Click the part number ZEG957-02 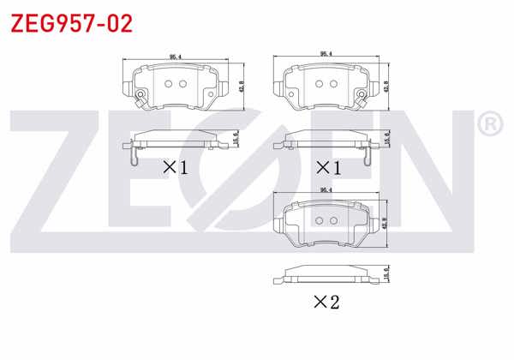(71, 23)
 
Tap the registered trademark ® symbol (487, 125)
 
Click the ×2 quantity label (326, 301)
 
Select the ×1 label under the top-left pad (176, 166)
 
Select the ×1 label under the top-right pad (328, 166)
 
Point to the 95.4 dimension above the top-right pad (326, 54)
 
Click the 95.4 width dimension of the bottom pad (326, 191)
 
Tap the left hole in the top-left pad (168, 84)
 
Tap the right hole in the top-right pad (332, 83)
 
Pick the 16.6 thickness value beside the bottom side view (388, 274)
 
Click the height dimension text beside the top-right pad (388, 88)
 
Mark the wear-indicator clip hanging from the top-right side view (367, 155)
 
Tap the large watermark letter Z (64, 180)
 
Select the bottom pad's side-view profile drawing (326, 274)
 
